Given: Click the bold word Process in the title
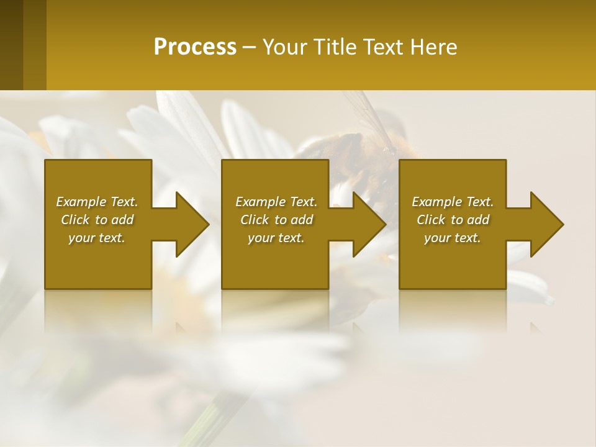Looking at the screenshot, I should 195,47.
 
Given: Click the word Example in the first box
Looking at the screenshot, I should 81,202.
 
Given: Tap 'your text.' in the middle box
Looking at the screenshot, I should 276,238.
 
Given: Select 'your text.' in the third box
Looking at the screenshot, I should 453,238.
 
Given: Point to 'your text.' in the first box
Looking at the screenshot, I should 97,238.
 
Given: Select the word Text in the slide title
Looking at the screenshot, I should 382,47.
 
